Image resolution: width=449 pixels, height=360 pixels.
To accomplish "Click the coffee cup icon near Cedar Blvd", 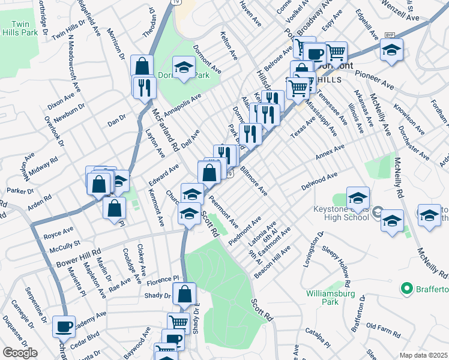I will pos(64,328).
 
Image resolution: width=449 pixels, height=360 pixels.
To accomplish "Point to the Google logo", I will pos(20,353).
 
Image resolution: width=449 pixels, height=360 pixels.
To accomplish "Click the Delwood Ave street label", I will pos(320,181).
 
